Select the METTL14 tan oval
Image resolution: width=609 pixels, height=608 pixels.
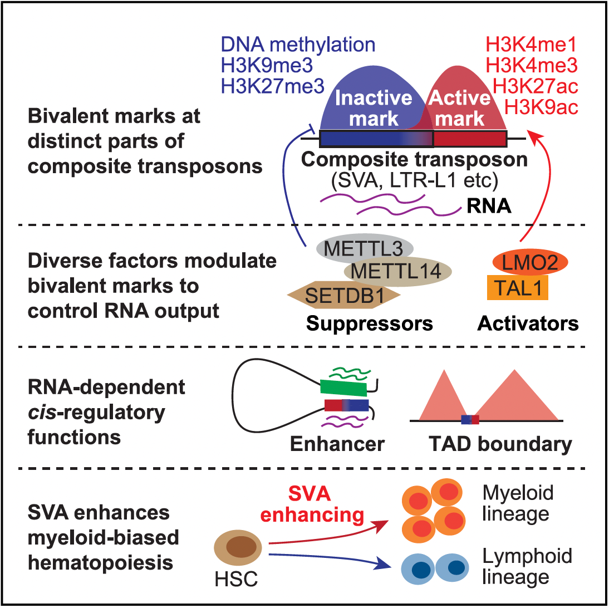(x=397, y=271)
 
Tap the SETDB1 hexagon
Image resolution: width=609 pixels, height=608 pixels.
(x=343, y=295)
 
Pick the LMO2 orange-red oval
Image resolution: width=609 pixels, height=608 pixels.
(x=530, y=262)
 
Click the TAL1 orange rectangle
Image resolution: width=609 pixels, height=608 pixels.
(x=518, y=288)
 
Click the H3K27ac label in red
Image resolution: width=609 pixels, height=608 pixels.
(x=535, y=86)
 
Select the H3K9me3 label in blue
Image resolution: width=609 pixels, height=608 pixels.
(x=267, y=65)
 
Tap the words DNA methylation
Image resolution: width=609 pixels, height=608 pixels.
(x=298, y=45)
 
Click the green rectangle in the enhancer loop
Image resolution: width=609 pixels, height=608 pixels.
(x=343, y=388)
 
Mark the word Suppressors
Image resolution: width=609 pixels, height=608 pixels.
(x=370, y=323)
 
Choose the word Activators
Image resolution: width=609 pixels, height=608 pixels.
(x=528, y=323)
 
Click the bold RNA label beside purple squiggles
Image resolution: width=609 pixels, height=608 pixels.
(x=489, y=206)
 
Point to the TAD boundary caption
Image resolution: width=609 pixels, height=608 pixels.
(x=500, y=444)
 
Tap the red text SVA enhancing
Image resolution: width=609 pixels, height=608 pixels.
(x=312, y=504)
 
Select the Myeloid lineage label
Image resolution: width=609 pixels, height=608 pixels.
(x=518, y=503)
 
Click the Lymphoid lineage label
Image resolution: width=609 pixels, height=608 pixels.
(x=527, y=566)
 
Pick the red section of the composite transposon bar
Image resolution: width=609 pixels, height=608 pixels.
(x=470, y=139)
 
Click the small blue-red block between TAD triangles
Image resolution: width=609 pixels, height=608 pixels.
(x=470, y=420)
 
